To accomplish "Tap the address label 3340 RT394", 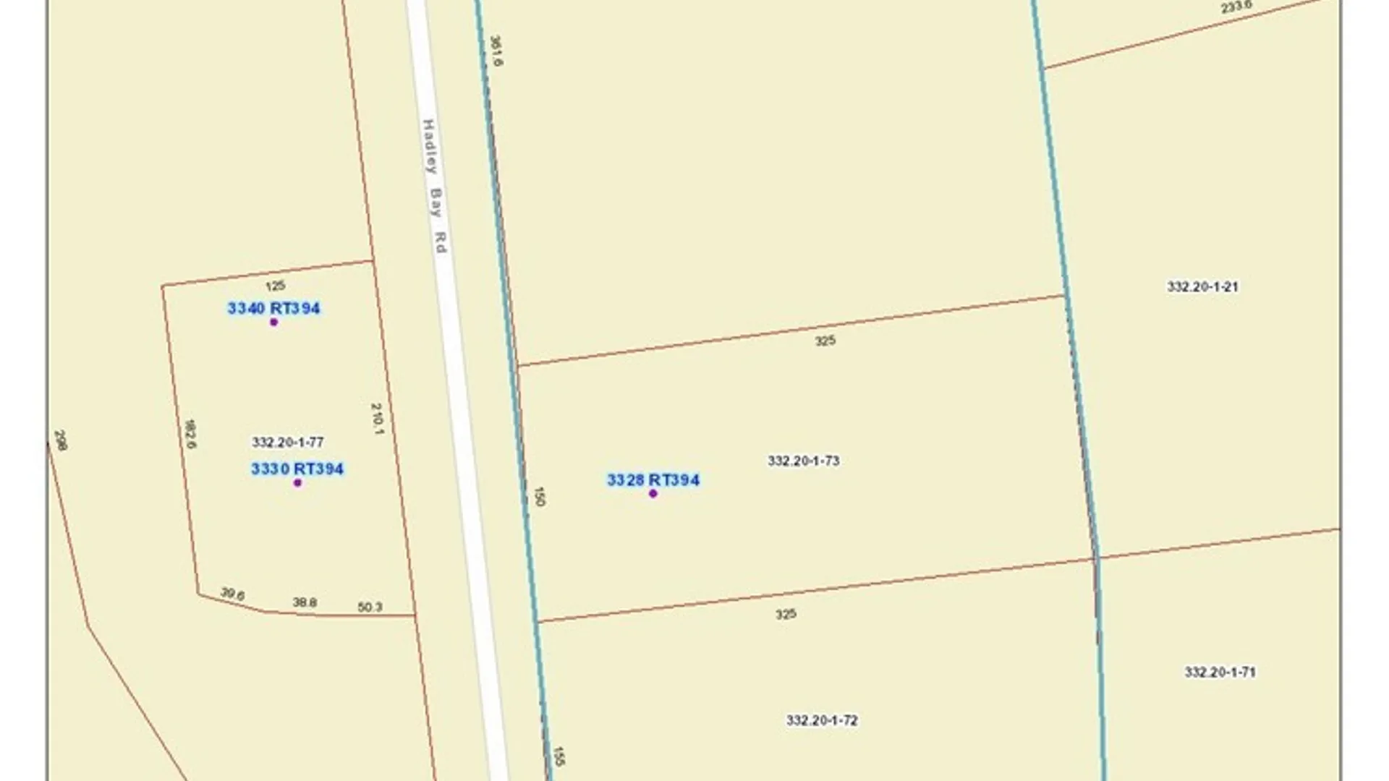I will pyautogui.click(x=273, y=308).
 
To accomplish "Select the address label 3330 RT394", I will pyautogui.click(x=297, y=469).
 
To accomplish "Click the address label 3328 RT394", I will pyautogui.click(x=653, y=480).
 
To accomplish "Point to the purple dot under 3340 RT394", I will pyautogui.click(x=273, y=322).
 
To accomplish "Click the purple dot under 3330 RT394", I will pyautogui.click(x=297, y=482).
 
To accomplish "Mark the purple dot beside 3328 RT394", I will pyautogui.click(x=653, y=493).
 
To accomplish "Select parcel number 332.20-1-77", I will pyautogui.click(x=287, y=442).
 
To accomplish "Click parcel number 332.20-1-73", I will pyautogui.click(x=803, y=461).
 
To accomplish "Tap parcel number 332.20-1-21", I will pyautogui.click(x=1202, y=286).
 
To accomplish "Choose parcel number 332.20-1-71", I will pyautogui.click(x=1220, y=672).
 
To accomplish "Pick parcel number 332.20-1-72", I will pyautogui.click(x=822, y=720).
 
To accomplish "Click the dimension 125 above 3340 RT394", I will pyautogui.click(x=275, y=286).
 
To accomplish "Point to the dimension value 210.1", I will pyautogui.click(x=377, y=419).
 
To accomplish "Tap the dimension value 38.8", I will pyautogui.click(x=305, y=602).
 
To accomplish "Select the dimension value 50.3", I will pyautogui.click(x=370, y=607).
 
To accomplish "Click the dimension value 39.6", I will pyautogui.click(x=232, y=594).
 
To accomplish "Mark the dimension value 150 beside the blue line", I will pyautogui.click(x=539, y=495).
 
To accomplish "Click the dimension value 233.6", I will pyautogui.click(x=1236, y=7).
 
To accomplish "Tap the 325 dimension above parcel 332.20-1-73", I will pyautogui.click(x=825, y=341).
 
